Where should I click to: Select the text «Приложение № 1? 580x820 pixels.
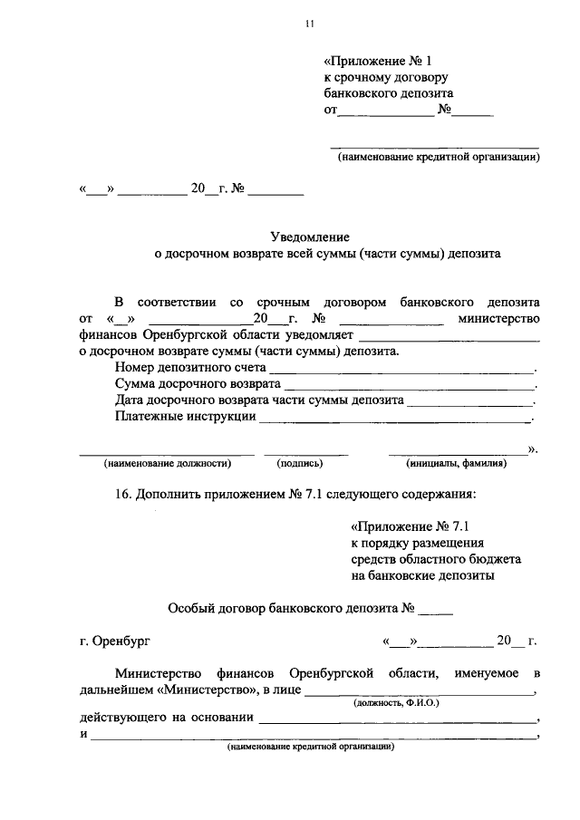(x=372, y=60)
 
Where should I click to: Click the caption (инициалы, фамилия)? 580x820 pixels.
(x=456, y=463)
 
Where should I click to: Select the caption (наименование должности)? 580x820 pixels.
(x=168, y=463)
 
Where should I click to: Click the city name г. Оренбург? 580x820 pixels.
(x=115, y=642)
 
